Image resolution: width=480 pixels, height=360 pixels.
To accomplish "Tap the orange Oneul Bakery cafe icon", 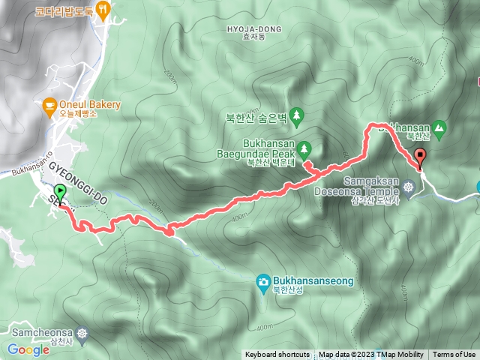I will click(49, 105).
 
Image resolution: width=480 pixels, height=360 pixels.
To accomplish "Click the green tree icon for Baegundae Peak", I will click(304, 146).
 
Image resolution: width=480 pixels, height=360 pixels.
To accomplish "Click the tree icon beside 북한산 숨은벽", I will click(298, 115).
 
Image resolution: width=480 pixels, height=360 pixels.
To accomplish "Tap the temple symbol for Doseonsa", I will click(409, 186).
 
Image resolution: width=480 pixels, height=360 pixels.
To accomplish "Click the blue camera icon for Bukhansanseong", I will click(264, 281).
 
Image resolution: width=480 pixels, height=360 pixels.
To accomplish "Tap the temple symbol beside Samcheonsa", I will click(81, 331).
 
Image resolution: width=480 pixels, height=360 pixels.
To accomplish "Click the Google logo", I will click(28, 349).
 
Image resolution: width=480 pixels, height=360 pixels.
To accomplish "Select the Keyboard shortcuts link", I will click(277, 355).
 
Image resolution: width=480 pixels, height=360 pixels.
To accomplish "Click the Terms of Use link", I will click(454, 355).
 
